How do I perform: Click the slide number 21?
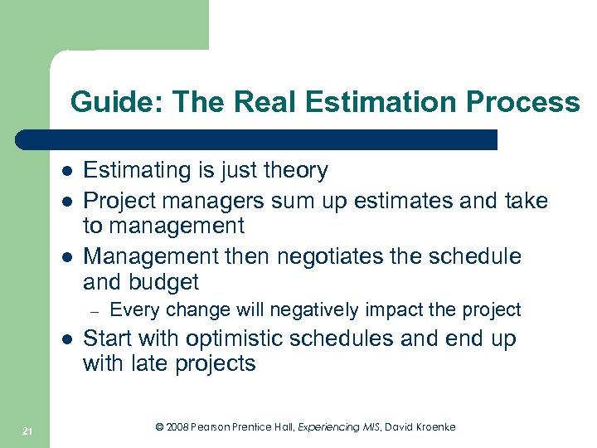coord(27,430)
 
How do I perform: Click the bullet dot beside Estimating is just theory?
coord(66,171)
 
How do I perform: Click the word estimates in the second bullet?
coord(392,201)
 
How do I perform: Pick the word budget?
coord(164,283)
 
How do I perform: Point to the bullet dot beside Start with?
coord(66,339)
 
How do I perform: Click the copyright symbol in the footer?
coord(160,426)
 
